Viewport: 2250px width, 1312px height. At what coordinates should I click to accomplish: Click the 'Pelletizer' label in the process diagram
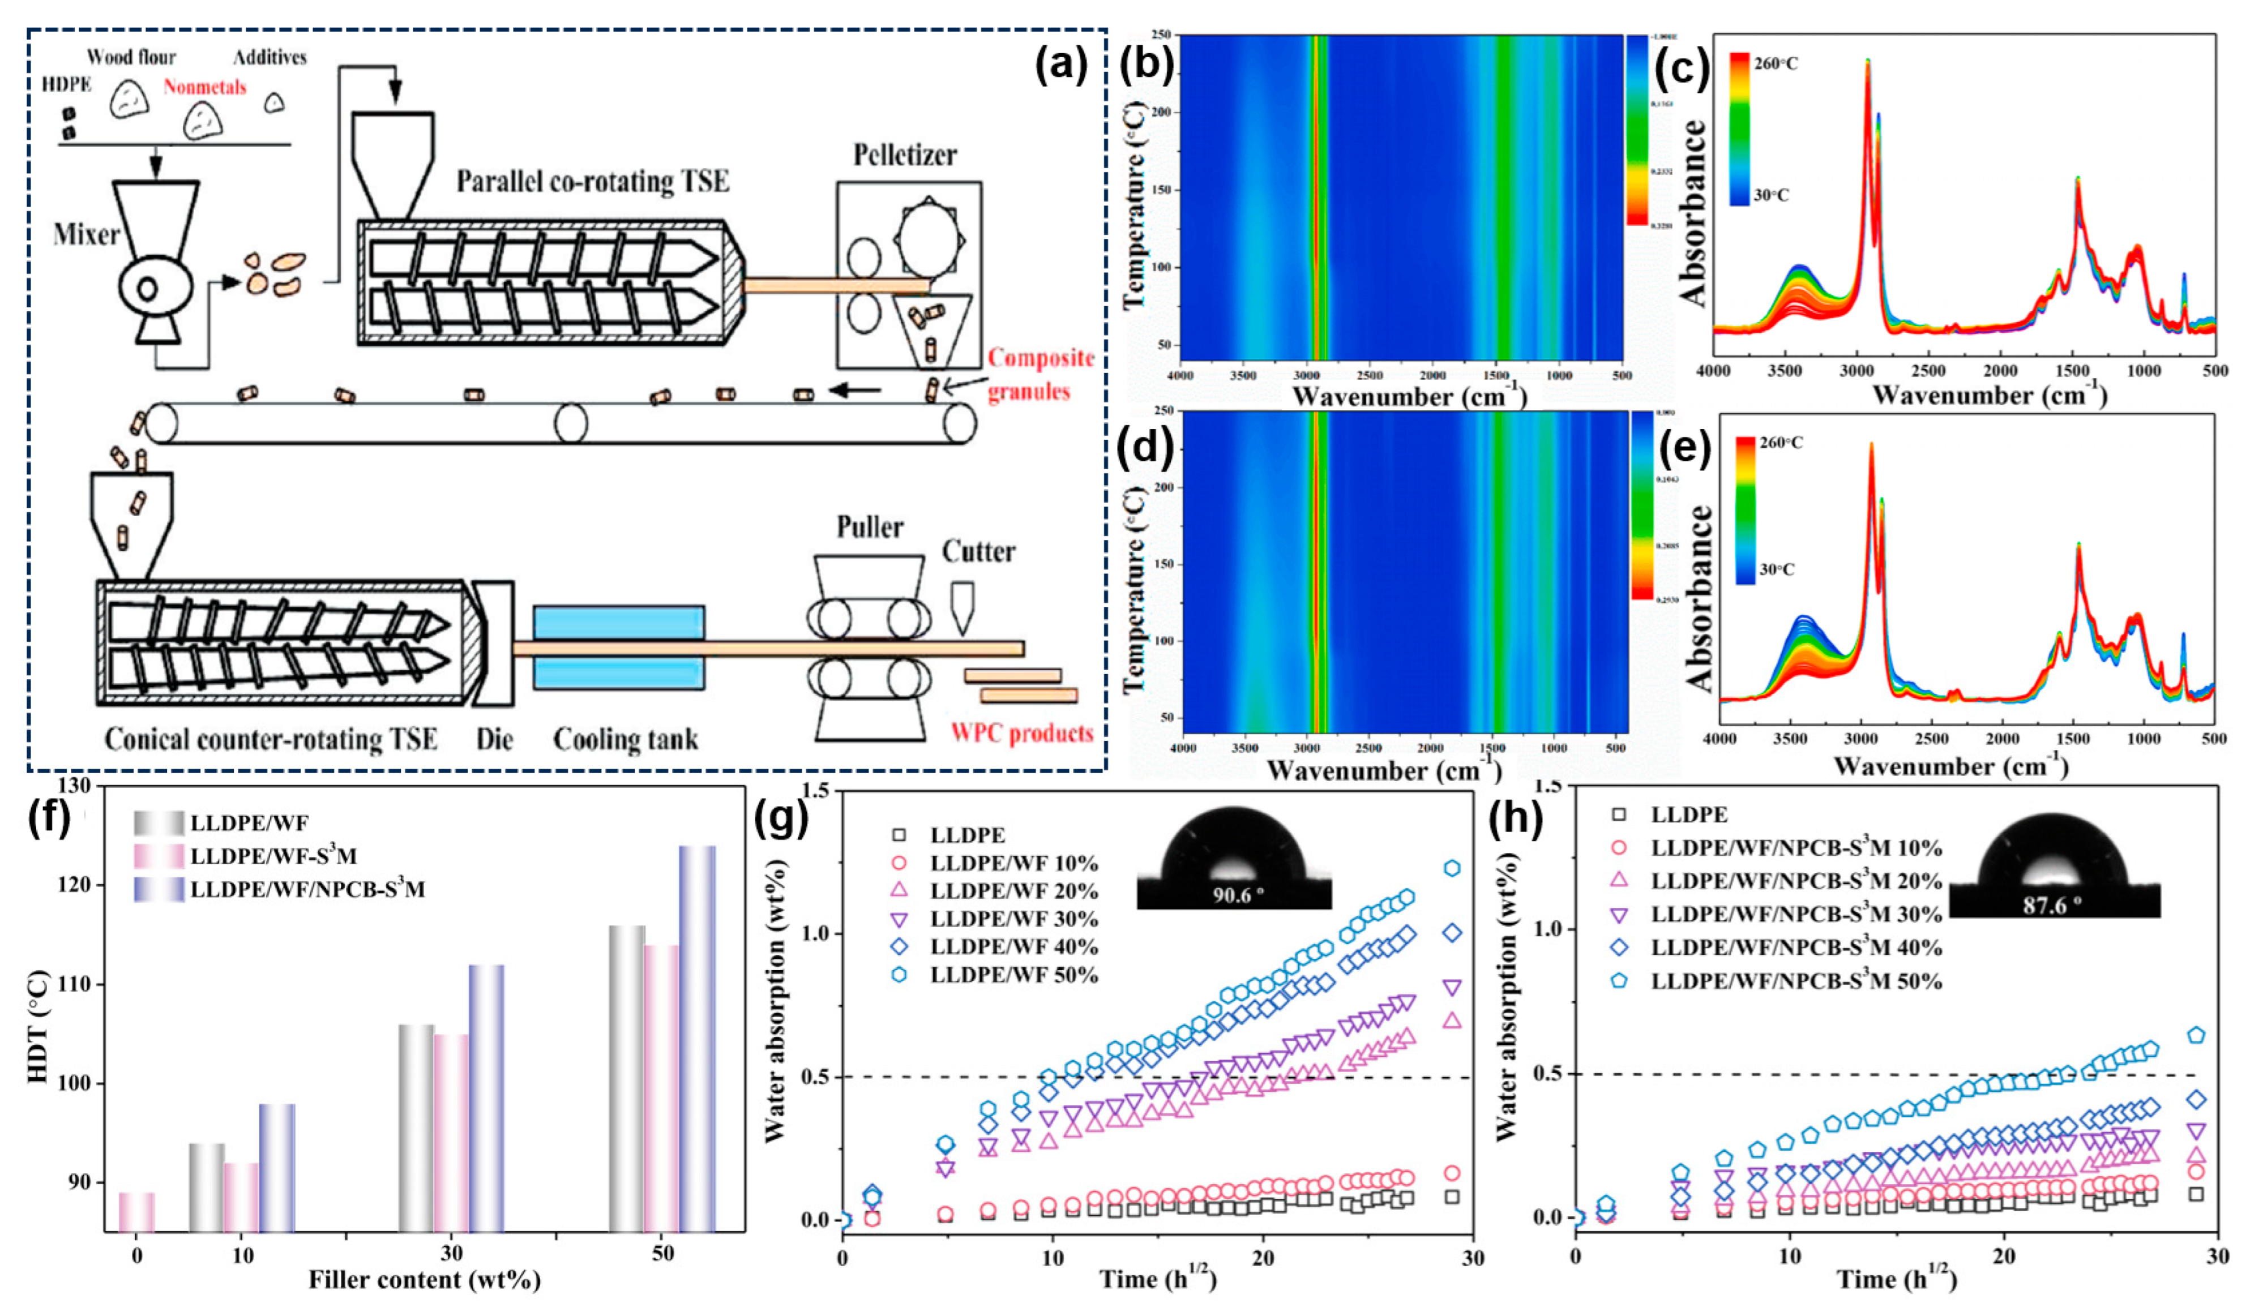(904, 155)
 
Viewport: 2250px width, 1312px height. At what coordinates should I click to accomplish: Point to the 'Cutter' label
(978, 552)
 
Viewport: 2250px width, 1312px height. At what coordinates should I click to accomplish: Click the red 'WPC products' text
(1021, 734)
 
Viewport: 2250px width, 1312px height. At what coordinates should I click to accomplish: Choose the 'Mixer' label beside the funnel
(85, 235)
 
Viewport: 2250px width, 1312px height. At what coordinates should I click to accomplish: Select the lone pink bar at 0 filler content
(136, 1211)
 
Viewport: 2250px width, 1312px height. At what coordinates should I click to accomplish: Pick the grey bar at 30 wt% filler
(416, 1127)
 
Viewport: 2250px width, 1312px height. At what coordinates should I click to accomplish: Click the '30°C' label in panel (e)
(1776, 569)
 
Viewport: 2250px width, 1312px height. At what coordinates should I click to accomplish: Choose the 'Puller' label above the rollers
(870, 528)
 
